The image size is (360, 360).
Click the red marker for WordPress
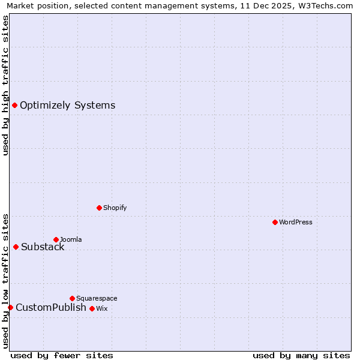click(275, 222)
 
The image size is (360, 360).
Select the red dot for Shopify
click(99, 208)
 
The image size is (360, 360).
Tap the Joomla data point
click(56, 239)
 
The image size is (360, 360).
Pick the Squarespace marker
click(72, 298)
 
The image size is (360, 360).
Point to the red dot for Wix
click(92, 308)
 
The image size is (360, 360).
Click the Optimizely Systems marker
click(14, 106)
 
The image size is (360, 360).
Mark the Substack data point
click(16, 247)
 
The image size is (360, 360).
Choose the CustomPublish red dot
click(10, 307)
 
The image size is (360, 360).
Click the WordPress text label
click(296, 222)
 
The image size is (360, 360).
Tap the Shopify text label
click(115, 208)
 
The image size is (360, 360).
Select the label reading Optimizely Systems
click(67, 106)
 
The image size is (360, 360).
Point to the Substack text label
click(43, 247)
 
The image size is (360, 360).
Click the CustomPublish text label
click(51, 307)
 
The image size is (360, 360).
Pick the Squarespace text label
click(97, 298)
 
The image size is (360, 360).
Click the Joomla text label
click(71, 239)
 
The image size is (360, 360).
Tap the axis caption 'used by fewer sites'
click(62, 355)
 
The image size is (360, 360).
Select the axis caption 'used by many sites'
click(301, 355)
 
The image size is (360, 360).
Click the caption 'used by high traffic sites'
click(5, 85)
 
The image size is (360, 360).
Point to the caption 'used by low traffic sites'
click(5, 280)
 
